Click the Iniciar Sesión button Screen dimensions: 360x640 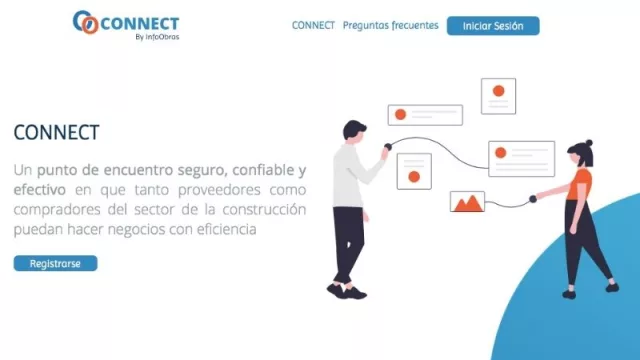point(493,26)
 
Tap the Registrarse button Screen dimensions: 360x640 point(56,264)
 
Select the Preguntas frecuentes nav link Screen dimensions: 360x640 point(390,26)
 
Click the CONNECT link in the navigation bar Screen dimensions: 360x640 point(313,26)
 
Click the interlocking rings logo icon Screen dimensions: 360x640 point(86,22)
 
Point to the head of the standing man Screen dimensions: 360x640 point(354,130)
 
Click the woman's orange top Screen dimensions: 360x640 point(581,184)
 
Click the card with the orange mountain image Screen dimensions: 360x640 point(467,201)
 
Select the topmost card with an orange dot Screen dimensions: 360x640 point(498,96)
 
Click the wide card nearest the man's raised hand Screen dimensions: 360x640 point(425,115)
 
